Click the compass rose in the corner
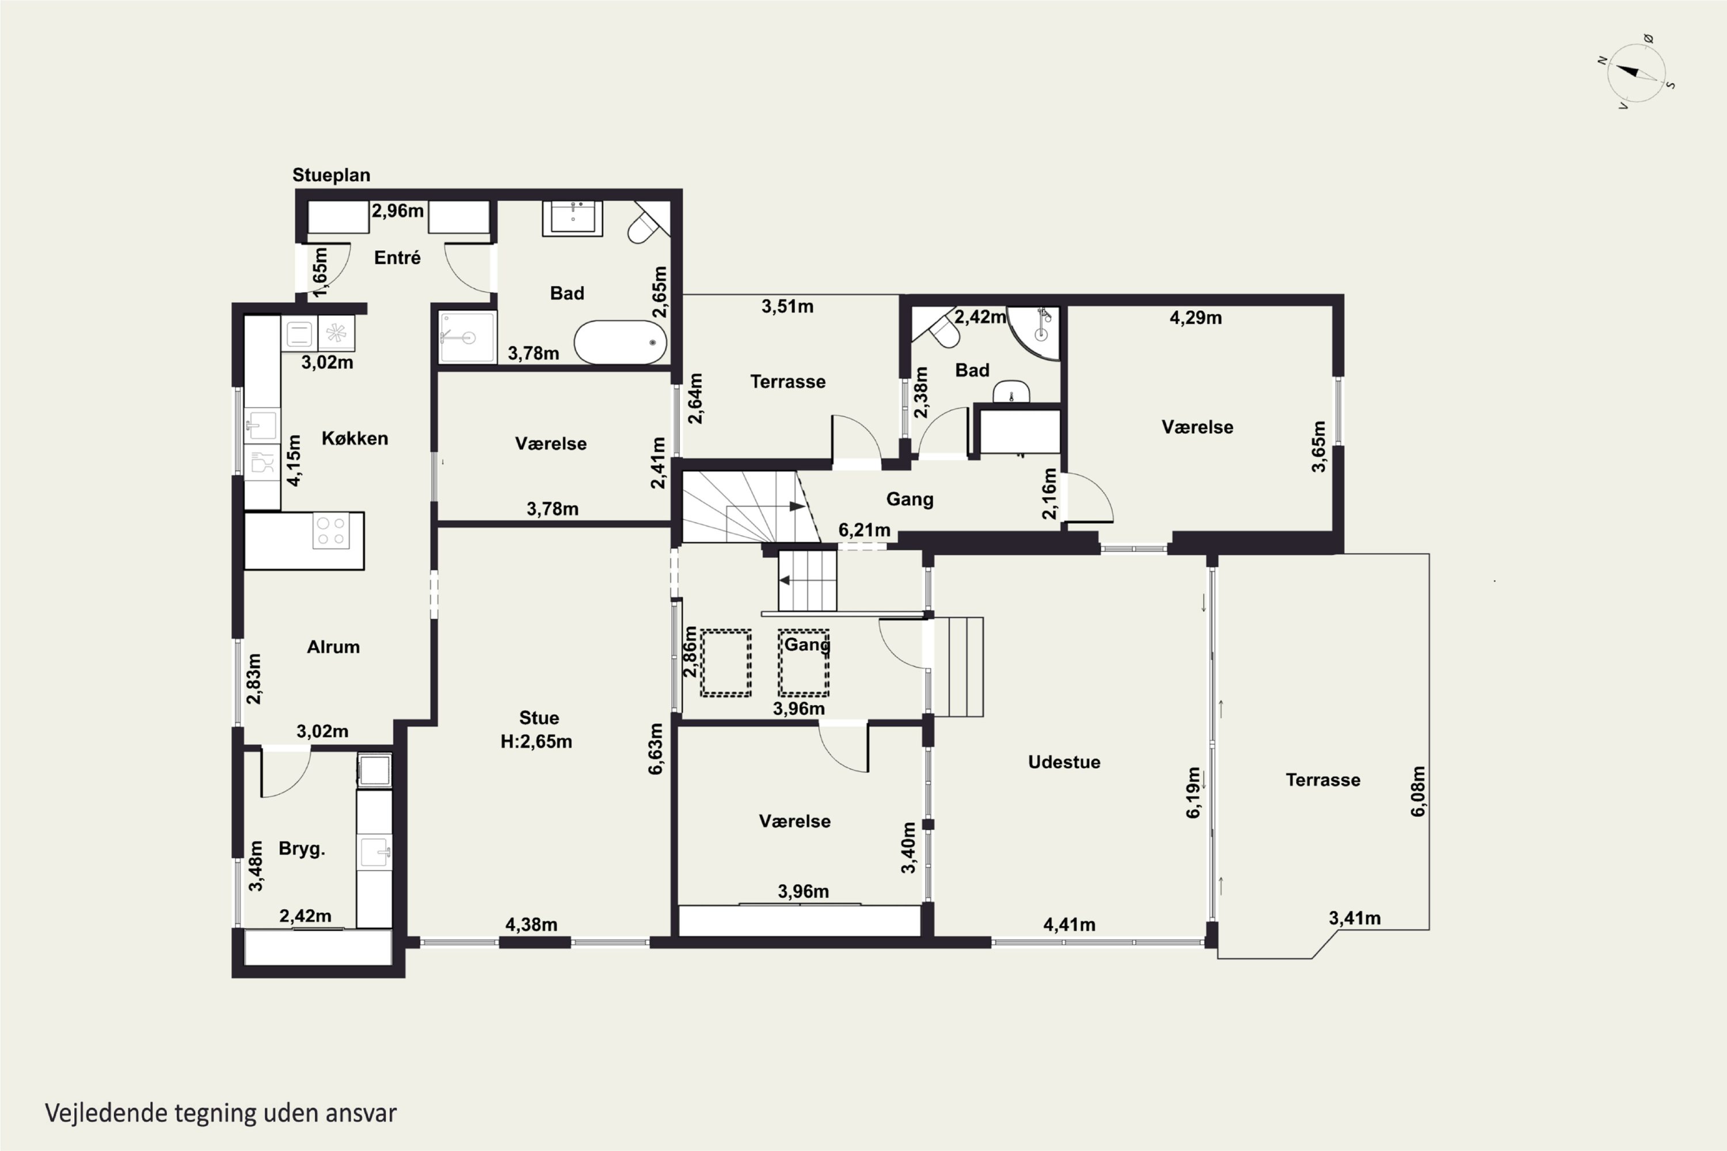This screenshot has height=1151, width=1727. pyautogui.click(x=1636, y=73)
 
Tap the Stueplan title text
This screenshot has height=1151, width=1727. pyautogui.click(x=331, y=175)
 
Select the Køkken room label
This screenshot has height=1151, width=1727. pyautogui.click(x=355, y=438)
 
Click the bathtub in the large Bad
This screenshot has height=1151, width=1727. pyautogui.click(x=620, y=342)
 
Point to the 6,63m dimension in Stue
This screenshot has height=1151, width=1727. pyautogui.click(x=656, y=748)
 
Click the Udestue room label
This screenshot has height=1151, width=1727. pyautogui.click(x=1064, y=762)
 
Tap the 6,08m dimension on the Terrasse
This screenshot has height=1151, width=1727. pyautogui.click(x=1418, y=791)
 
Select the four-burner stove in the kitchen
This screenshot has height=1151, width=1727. pyautogui.click(x=330, y=531)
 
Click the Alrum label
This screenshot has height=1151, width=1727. pyautogui.click(x=333, y=647)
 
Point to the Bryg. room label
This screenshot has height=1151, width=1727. pyautogui.click(x=302, y=848)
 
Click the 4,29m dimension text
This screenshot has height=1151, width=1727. pyautogui.click(x=1196, y=318)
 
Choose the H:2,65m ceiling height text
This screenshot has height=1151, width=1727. pyautogui.click(x=536, y=741)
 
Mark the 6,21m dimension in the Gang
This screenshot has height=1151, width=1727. pyautogui.click(x=864, y=530)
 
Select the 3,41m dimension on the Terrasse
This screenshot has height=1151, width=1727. pyautogui.click(x=1355, y=918)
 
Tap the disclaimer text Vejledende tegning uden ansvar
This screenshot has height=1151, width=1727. pyautogui.click(x=221, y=1114)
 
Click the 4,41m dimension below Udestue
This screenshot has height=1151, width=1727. pyautogui.click(x=1069, y=925)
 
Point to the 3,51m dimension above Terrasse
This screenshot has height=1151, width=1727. pyautogui.click(x=787, y=306)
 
